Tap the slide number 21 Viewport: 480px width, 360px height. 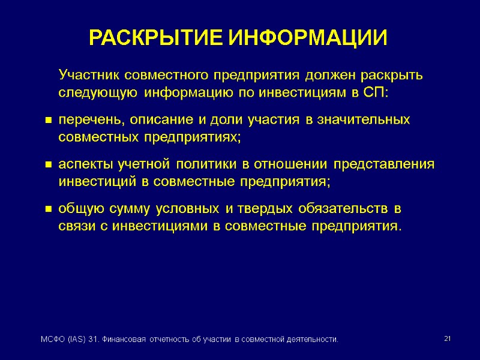click(x=446, y=340)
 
